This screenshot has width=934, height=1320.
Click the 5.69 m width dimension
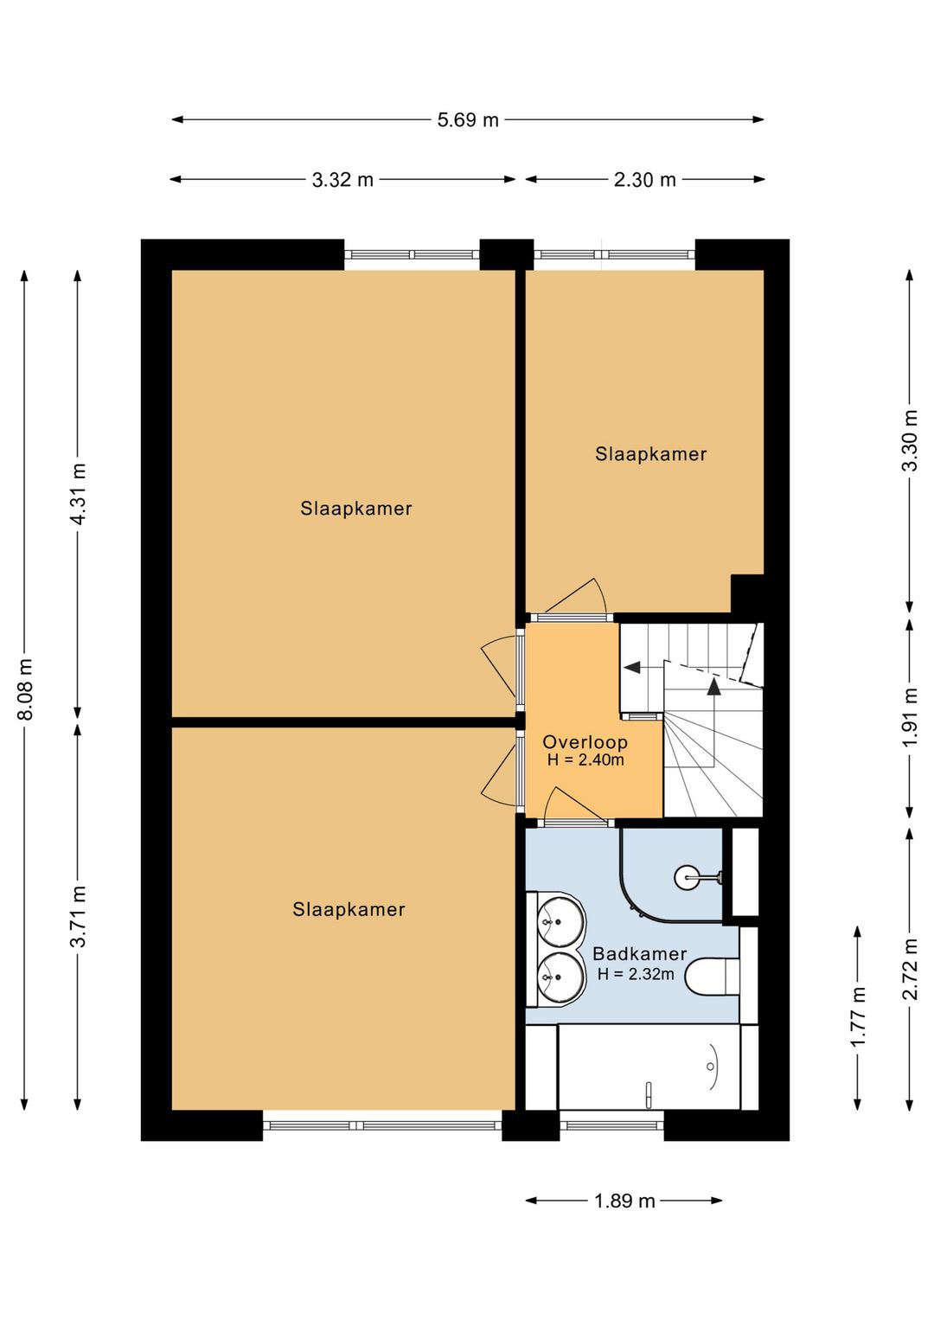coord(467,120)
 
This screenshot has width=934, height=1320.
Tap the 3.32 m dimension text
coord(342,180)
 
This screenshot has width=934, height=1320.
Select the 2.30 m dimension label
coord(644,180)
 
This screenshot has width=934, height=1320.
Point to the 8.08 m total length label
coord(25,689)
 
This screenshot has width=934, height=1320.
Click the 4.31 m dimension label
coord(79,494)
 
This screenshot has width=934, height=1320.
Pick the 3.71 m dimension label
coord(79,916)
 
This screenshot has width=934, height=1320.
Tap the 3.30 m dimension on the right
coord(910,441)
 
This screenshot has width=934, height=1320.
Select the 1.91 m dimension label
coord(910,717)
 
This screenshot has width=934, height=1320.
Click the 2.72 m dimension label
coord(910,970)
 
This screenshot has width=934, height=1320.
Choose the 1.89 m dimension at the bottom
coord(624,1201)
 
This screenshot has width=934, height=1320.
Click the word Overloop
coord(585,742)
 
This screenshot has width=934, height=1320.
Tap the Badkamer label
coord(640,954)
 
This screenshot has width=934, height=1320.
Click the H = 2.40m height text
coord(585,760)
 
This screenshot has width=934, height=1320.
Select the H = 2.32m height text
coord(636,974)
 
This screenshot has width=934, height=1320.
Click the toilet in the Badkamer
coord(711,976)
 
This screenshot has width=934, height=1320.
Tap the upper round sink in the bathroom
coord(560,922)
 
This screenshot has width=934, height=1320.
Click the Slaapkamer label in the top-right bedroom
coord(650,454)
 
